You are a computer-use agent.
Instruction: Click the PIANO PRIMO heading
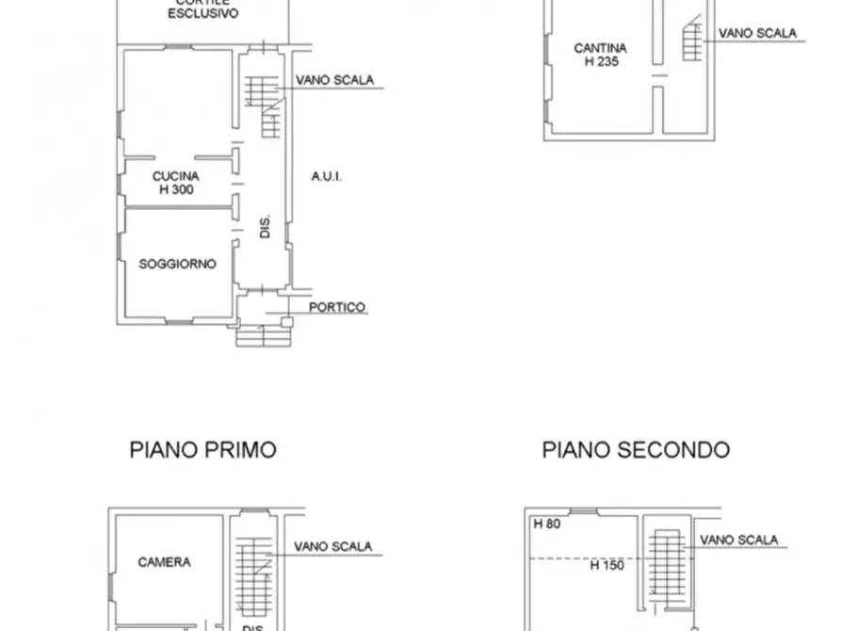point(202,450)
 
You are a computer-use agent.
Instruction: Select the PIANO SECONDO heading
point(636,450)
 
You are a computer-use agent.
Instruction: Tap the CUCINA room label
point(176,175)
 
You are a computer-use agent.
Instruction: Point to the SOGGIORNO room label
point(177,264)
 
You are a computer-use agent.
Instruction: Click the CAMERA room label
point(164,562)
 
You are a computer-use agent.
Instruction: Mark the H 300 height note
point(176,189)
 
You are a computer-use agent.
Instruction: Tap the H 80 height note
point(547,524)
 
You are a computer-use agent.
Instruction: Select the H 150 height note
point(607,566)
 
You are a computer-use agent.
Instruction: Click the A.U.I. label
point(326,176)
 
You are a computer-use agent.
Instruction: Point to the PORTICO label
point(337,307)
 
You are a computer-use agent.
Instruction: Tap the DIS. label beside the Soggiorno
point(266,227)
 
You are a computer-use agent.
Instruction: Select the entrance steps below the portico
point(264,334)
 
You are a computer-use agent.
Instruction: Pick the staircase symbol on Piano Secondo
point(670,565)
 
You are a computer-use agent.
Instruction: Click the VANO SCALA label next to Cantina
point(757,33)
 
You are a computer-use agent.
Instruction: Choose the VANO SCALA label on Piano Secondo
point(739,540)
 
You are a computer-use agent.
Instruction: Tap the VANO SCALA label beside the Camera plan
point(332,546)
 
